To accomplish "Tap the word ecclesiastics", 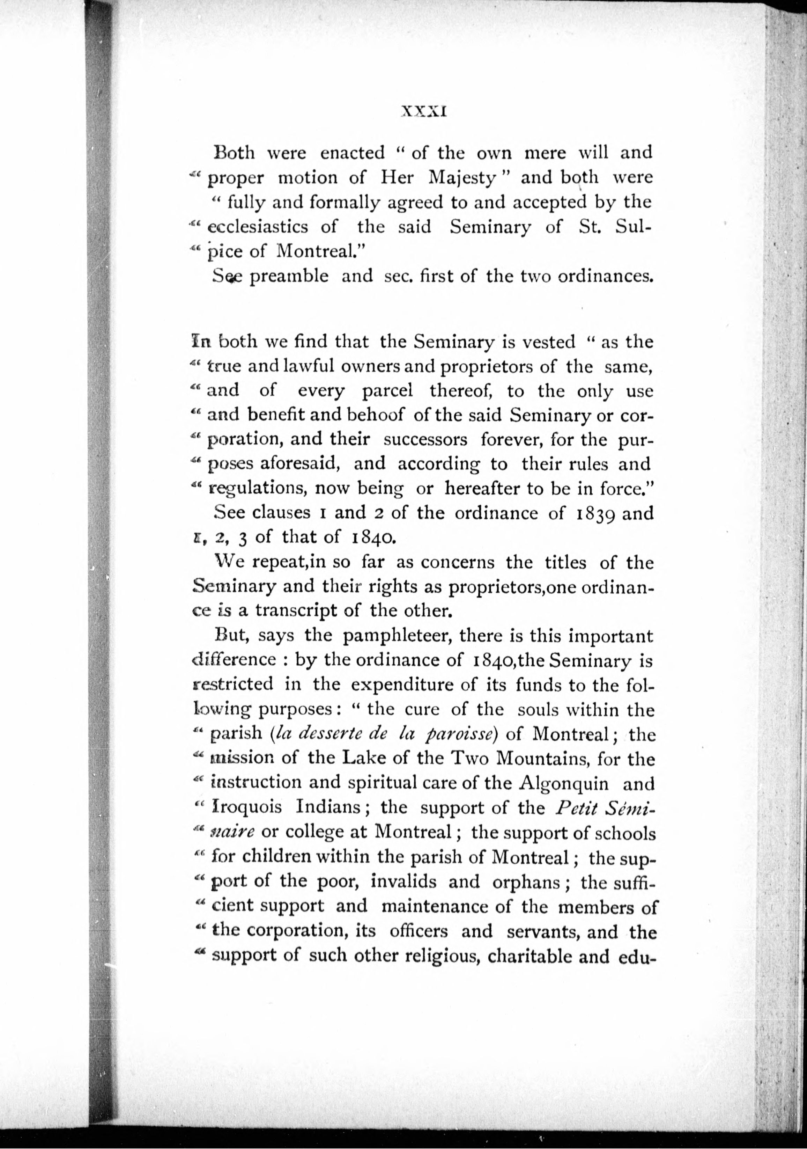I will point(258,227).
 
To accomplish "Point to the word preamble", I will point(289,276).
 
